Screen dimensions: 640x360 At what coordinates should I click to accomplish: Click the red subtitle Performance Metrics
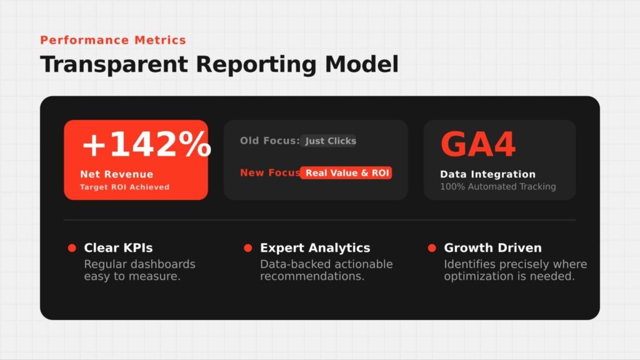tap(113, 40)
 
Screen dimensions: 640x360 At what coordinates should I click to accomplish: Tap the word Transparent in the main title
tap(114, 64)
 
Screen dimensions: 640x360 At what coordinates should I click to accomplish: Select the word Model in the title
tap(362, 64)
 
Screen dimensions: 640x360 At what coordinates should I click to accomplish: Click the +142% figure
tap(146, 144)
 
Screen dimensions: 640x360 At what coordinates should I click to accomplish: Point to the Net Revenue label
tap(117, 174)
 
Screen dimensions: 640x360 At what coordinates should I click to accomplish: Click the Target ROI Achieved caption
tap(124, 187)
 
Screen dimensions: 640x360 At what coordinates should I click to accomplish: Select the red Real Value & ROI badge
tap(346, 172)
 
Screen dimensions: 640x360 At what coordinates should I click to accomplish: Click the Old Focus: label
tap(270, 141)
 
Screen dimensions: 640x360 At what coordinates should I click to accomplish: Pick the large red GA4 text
tap(478, 144)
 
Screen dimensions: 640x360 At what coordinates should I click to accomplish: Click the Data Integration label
tap(487, 174)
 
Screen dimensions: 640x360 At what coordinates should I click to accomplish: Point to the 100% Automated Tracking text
tap(498, 186)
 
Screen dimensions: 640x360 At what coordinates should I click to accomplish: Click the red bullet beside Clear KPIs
tap(72, 247)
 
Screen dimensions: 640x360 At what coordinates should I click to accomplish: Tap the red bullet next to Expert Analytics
tap(247, 247)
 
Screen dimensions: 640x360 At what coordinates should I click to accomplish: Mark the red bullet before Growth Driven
tap(432, 247)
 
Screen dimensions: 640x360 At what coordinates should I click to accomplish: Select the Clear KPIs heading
tap(118, 247)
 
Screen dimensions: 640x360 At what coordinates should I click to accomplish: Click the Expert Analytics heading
tap(315, 247)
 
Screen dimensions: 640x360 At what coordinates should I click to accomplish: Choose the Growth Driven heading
tap(492, 247)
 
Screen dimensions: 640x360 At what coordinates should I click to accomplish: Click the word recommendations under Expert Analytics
tap(312, 276)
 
